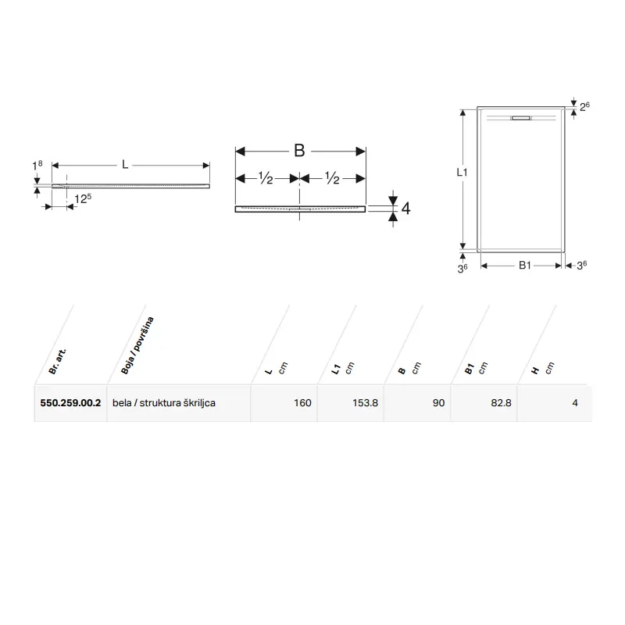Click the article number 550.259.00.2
(x=70, y=403)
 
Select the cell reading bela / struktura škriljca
(x=164, y=403)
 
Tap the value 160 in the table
(x=302, y=403)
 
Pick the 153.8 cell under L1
(x=365, y=403)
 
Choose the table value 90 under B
(x=438, y=403)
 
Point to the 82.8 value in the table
(x=501, y=403)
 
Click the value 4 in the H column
(x=575, y=403)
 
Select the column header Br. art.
(x=57, y=362)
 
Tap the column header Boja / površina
(x=137, y=345)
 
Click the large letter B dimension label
(x=299, y=151)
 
